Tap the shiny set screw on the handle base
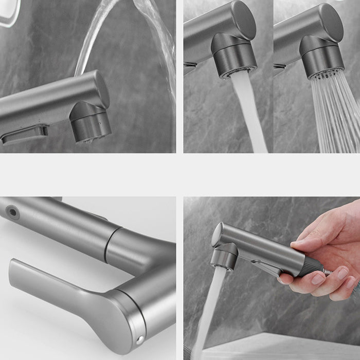140,340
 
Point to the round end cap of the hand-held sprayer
217,235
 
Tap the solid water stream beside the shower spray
249,113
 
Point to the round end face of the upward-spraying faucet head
101,88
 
